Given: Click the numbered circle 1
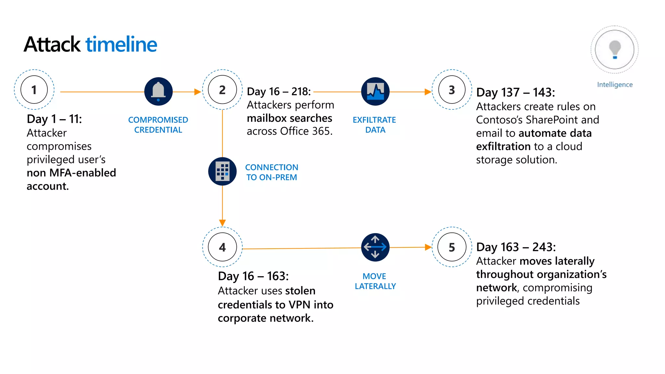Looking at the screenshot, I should pyautogui.click(x=34, y=90).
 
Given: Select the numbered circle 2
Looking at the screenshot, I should pyautogui.click(x=222, y=90).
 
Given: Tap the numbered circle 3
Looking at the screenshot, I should pyautogui.click(x=452, y=90).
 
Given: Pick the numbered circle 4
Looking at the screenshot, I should pyautogui.click(x=222, y=247).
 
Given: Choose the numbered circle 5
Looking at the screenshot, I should pyautogui.click(x=452, y=247).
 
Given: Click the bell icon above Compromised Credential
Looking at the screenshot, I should pyautogui.click(x=158, y=91).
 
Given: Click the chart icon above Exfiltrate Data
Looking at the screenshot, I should pyautogui.click(x=375, y=91).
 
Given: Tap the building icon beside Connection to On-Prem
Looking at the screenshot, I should pyautogui.click(x=222, y=171).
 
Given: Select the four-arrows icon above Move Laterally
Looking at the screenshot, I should pyautogui.click(x=375, y=247).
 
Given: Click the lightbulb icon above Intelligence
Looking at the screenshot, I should pyautogui.click(x=614, y=50).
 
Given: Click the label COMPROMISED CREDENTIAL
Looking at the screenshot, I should pyautogui.click(x=158, y=125).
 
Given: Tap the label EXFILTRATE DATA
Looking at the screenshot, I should pyautogui.click(x=374, y=125).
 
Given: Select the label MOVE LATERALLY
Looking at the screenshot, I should pyautogui.click(x=375, y=281).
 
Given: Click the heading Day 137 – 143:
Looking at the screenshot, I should pyautogui.click(x=516, y=93).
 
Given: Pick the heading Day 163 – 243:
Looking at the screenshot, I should pyautogui.click(x=516, y=247).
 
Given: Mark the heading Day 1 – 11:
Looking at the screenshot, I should pyautogui.click(x=54, y=119).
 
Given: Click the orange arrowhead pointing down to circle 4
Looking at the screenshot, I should pyautogui.click(x=222, y=223).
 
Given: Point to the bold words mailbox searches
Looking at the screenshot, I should pyautogui.click(x=289, y=118).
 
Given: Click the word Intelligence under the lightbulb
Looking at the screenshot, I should pyautogui.click(x=615, y=84).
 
